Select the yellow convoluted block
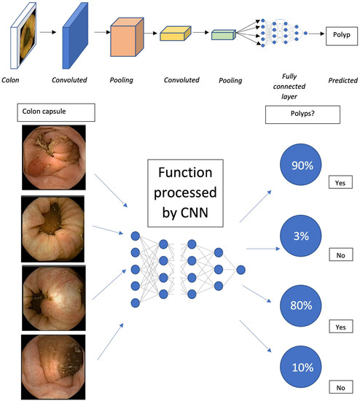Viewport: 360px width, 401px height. [176, 34]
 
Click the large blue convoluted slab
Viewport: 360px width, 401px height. [75, 34]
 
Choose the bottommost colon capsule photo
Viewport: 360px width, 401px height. [53, 366]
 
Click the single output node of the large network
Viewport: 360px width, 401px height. [240, 270]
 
